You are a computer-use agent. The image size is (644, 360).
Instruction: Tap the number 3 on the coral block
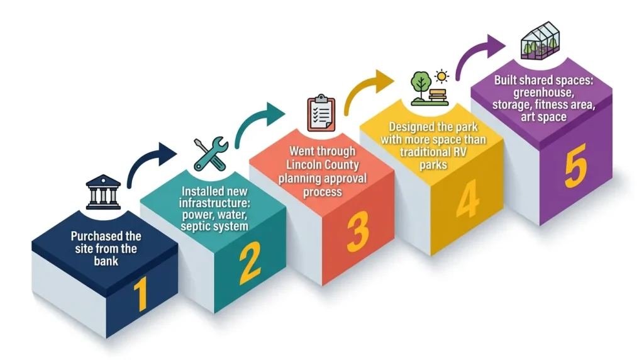coord(357,231)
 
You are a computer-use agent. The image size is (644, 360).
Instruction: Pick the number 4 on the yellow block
coord(467,200)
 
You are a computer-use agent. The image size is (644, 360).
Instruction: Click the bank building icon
coord(103,192)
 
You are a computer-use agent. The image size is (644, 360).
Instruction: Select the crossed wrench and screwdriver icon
coord(210,154)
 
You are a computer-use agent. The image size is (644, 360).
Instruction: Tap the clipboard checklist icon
coord(321,113)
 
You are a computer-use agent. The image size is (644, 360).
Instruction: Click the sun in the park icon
coord(442,77)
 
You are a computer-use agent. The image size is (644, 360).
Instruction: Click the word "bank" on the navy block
coord(106,260)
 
